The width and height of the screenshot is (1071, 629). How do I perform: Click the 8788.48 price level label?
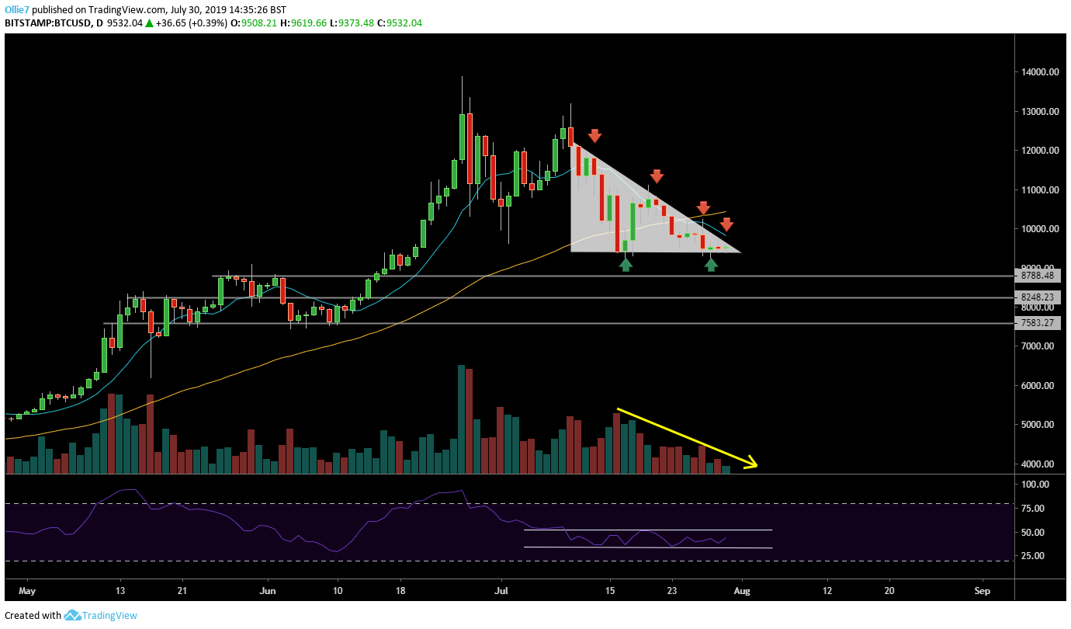[x=1038, y=276]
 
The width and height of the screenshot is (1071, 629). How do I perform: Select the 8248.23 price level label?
[x=1038, y=297]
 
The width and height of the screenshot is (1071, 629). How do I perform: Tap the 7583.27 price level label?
[x=1038, y=323]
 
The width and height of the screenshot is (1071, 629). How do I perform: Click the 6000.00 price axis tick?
[x=1038, y=386]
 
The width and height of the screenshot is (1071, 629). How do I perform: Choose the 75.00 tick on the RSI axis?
[x=1035, y=509]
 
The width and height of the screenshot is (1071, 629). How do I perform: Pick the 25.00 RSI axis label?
[x=1035, y=556]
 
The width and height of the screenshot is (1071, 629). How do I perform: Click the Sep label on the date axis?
[x=983, y=590]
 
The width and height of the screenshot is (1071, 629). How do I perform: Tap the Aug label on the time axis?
[x=742, y=590]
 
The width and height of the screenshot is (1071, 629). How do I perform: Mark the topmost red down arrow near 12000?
[x=594, y=136]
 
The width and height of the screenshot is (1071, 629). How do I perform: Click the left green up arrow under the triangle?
[x=626, y=264]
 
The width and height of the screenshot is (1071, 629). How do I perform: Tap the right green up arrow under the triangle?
[x=711, y=264]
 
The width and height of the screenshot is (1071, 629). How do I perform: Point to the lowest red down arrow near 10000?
[x=726, y=224]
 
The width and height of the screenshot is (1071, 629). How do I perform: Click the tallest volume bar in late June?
[x=462, y=419]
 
